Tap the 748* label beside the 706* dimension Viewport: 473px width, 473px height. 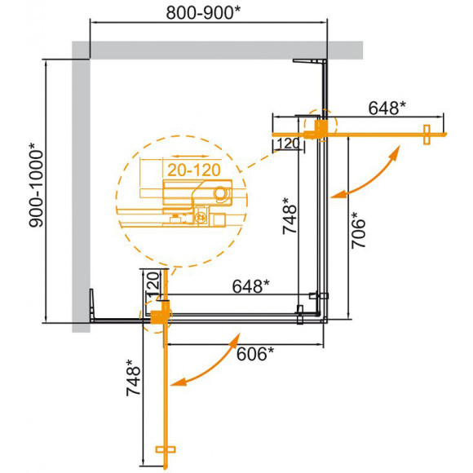287,217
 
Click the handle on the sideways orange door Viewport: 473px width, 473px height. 426,134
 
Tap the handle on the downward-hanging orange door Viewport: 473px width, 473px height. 166,449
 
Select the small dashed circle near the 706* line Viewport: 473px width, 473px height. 319,126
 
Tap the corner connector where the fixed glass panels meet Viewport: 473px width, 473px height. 321,299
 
